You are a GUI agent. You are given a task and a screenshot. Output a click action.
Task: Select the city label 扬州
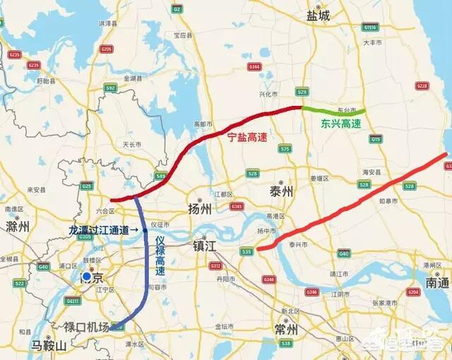[198, 209]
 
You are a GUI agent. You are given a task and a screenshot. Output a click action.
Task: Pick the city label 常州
[287, 330]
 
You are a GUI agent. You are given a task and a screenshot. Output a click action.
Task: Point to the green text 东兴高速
[340, 124]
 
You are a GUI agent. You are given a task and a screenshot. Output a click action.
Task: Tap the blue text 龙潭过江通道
[102, 230]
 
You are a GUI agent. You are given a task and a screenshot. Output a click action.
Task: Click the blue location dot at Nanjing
[86, 277]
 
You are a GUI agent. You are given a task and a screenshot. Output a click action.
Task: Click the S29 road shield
[302, 92]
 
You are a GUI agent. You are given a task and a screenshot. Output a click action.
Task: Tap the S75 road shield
[285, 148]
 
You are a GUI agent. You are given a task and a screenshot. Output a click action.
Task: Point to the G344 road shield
[255, 67]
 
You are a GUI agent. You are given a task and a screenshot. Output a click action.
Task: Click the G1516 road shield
[369, 27]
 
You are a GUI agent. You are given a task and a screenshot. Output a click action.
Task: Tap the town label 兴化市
[266, 93]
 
